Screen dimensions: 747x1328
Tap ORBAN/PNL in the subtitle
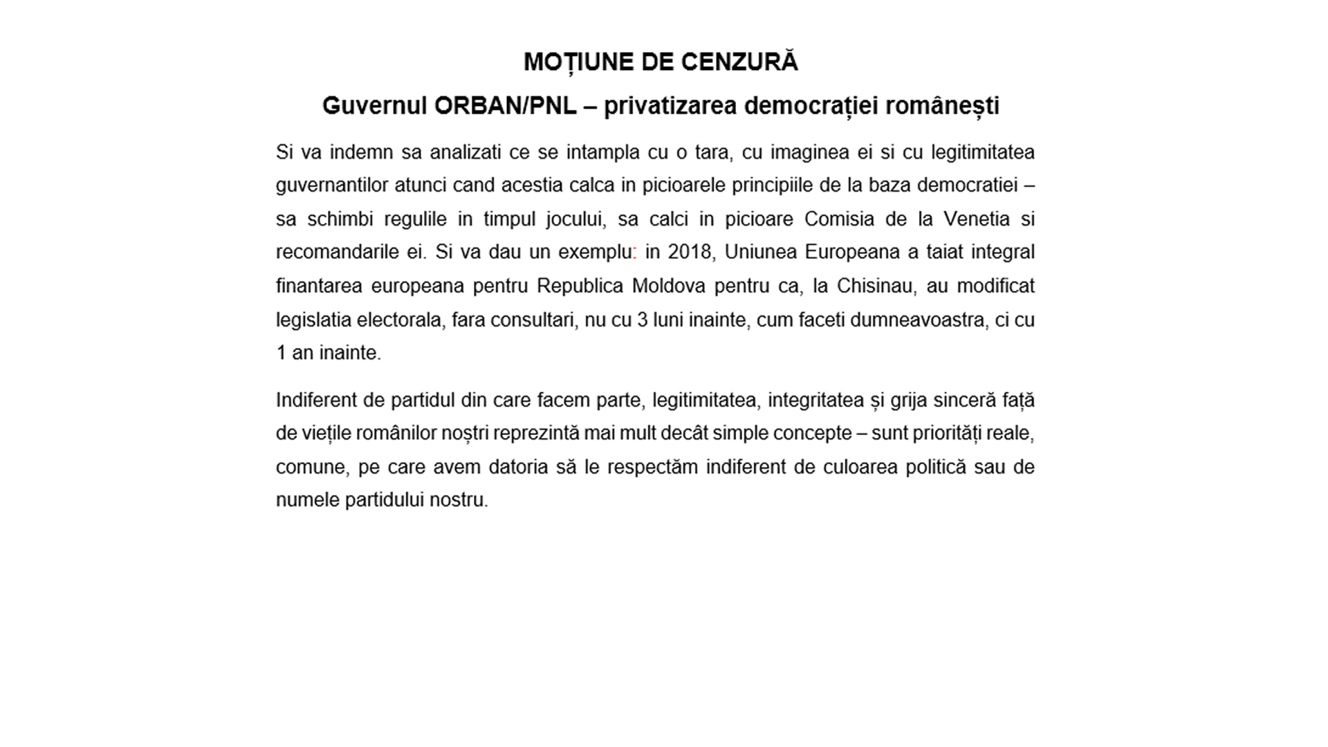tap(506, 106)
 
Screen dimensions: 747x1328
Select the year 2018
tap(690, 252)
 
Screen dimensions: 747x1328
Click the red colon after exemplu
tap(634, 253)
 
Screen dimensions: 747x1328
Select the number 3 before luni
tap(642, 320)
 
